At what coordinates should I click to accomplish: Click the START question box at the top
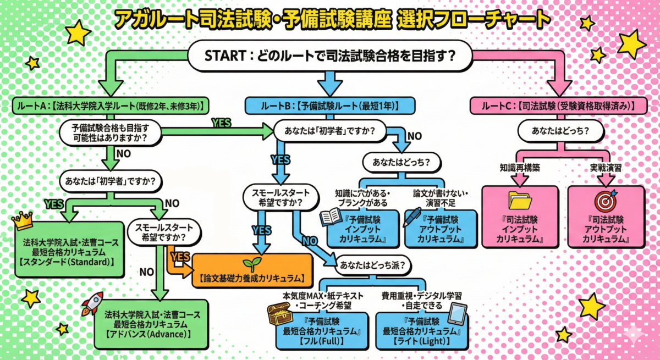(330, 57)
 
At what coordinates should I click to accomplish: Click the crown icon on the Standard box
(23, 220)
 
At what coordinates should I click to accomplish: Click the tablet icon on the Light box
(457, 313)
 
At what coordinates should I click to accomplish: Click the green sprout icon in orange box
(252, 264)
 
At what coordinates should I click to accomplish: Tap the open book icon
(331, 217)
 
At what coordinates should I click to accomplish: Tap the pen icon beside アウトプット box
(411, 217)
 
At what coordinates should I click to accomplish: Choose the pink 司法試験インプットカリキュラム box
(520, 217)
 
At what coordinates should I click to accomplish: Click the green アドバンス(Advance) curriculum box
(151, 324)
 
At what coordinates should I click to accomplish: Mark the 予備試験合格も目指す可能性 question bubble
(110, 132)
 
